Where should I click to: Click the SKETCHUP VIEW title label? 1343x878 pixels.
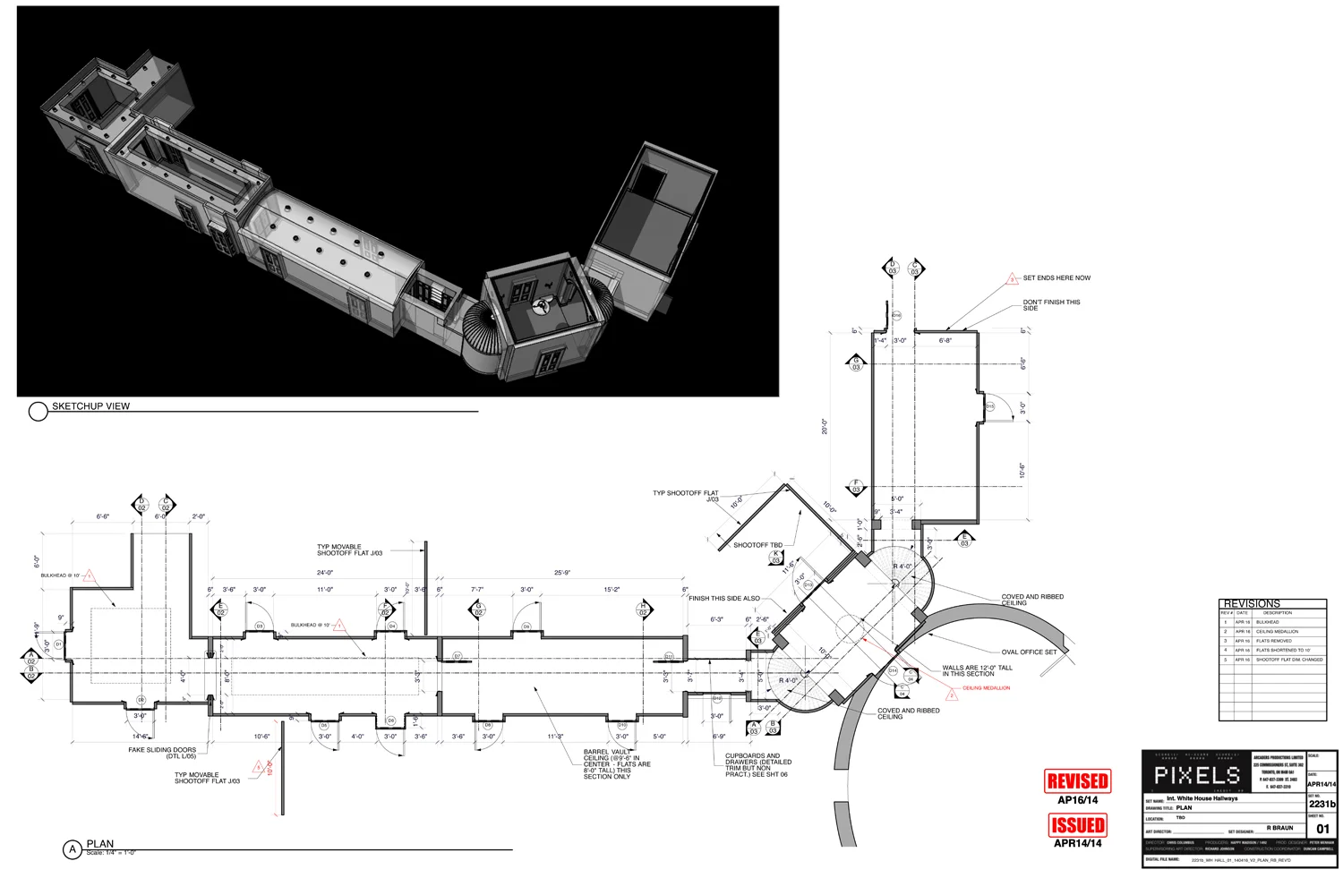90,406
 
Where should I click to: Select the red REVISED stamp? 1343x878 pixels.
1077,781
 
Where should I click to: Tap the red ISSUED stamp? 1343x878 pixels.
1077,825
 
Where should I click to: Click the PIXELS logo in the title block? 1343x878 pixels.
1196,775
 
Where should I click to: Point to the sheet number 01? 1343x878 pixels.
1322,829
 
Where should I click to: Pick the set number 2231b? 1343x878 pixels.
1322,804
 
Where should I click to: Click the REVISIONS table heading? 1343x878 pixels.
1252,603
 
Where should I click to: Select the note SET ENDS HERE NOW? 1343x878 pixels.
1056,278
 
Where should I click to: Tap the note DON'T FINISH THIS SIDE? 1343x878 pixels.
1051,305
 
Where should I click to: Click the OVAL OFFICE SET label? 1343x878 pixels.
1029,652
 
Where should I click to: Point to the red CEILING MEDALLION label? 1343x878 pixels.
986,688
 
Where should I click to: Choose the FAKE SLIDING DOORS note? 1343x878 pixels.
162,753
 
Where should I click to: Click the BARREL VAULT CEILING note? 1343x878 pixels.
616,764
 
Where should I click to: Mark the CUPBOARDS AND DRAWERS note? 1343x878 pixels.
757,764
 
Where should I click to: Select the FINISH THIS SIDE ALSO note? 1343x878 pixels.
724,599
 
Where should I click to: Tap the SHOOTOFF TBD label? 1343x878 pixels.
757,545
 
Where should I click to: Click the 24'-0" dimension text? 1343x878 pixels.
324,573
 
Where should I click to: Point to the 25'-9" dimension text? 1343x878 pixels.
562,573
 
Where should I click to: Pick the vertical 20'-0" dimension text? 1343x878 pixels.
825,427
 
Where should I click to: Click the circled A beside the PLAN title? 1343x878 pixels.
73,849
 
